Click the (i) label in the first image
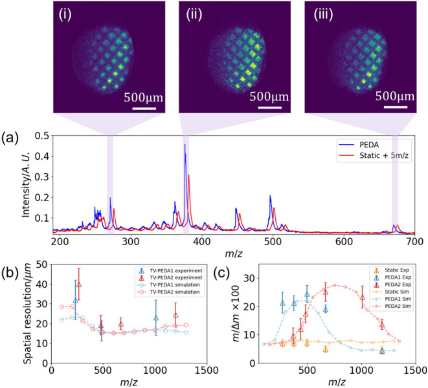65,15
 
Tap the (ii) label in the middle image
194,15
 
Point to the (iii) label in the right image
323,15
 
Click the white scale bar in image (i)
144,109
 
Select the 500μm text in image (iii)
395,96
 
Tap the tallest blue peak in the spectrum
185,144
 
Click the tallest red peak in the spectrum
188,175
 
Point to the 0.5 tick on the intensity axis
41,136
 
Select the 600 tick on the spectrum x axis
344,241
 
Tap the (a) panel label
10,138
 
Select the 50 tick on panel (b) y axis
41,264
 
